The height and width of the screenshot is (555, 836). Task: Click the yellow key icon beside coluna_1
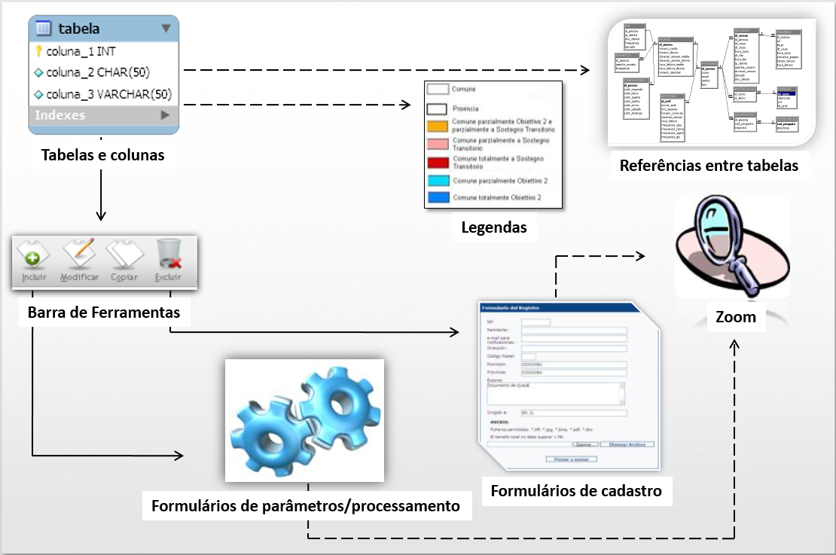[39, 52]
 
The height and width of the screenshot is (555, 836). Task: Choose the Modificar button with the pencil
[79, 263]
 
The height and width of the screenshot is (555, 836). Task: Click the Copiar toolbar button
[124, 263]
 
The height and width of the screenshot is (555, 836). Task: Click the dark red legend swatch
[438, 163]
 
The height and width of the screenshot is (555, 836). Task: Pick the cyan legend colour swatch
[438, 181]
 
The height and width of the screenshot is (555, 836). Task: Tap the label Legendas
[493, 227]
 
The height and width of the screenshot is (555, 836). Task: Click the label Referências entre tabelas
[709, 165]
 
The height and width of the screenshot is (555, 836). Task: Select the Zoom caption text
[736, 316]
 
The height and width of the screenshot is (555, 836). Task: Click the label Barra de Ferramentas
[104, 312]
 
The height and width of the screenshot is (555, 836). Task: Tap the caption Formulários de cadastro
[575, 491]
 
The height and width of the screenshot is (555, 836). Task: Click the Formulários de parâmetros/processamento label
[305, 505]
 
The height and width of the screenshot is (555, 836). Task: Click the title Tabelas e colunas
[102, 155]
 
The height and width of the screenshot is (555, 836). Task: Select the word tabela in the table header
[79, 29]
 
